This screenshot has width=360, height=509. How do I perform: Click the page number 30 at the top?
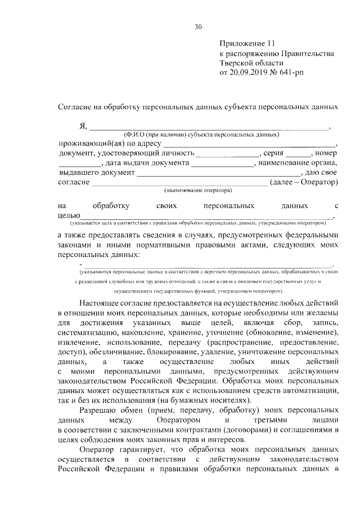(x=198, y=26)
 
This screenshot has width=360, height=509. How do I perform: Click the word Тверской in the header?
(x=238, y=63)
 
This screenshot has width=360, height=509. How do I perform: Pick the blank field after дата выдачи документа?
(x=222, y=163)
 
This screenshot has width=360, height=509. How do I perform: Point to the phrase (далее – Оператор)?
(x=304, y=182)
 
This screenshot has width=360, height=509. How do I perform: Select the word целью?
(x=70, y=215)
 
